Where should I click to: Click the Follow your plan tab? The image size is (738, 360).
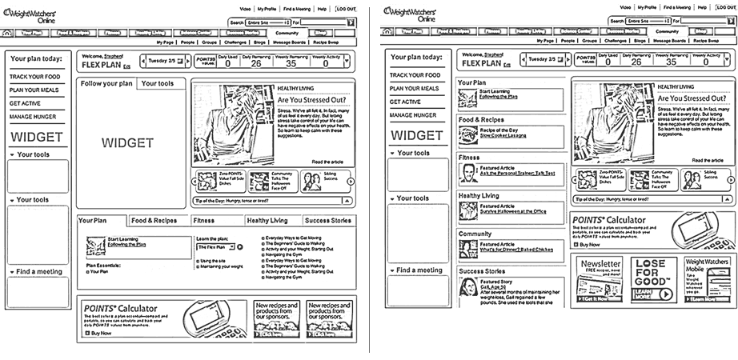coord(106,83)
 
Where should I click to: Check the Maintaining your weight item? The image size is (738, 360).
coord(220,266)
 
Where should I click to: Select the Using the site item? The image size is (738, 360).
coord(213,261)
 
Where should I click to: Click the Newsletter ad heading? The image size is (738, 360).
coord(600,263)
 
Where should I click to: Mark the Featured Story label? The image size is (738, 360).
coord(495,282)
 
